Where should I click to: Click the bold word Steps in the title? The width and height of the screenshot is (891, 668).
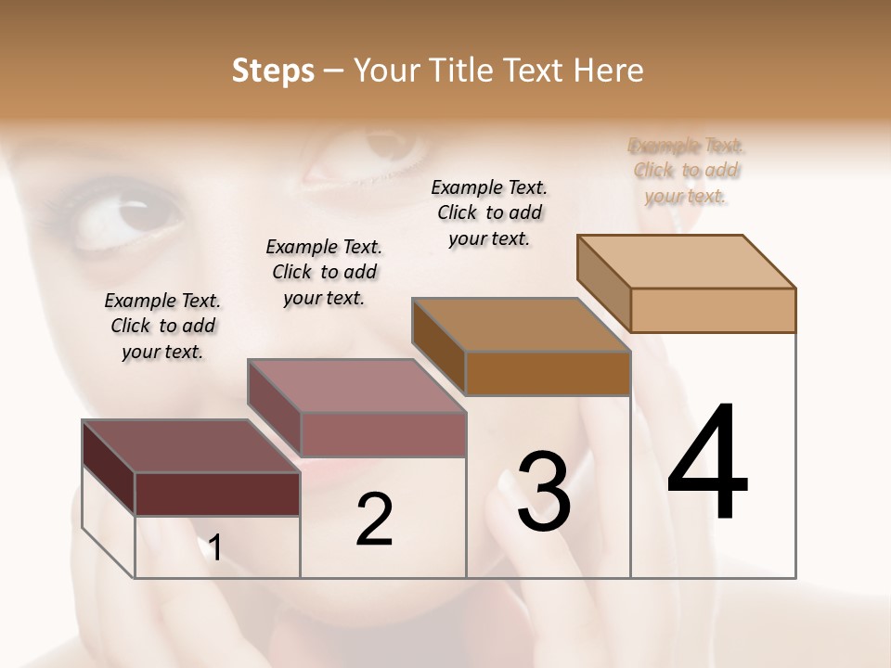[272, 71]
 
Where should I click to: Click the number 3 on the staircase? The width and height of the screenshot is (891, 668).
[544, 492]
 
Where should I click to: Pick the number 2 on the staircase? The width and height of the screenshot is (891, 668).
[375, 520]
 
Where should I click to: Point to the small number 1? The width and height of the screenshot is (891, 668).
[215, 548]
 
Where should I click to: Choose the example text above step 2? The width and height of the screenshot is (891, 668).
[324, 272]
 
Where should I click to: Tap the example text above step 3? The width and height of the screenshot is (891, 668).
[489, 212]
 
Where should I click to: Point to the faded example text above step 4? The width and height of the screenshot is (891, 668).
[687, 171]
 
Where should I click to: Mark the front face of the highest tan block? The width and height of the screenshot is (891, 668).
[713, 310]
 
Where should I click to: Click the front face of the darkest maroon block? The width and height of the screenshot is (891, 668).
[217, 494]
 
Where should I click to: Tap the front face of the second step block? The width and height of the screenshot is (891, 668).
[382, 434]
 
